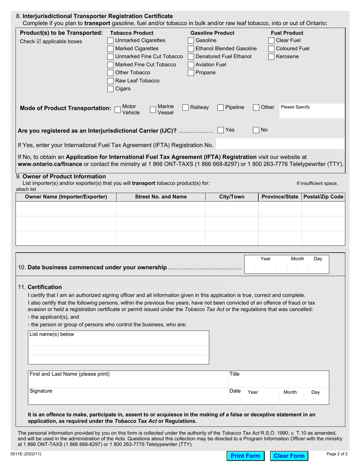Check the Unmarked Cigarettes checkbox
click(111, 41)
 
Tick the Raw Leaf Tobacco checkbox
click(111, 81)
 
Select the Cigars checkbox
click(111, 89)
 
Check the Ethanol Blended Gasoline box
click(191, 48)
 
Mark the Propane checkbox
click(191, 73)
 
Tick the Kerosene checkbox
click(271, 57)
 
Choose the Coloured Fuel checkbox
click(271, 48)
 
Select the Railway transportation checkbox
click(186, 108)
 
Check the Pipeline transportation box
click(221, 108)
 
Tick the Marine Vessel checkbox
click(153, 110)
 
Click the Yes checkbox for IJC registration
click(221, 130)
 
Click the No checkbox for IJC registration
click(256, 130)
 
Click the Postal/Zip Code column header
click(323, 197)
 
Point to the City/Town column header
click(232, 197)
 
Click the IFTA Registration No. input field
click(280, 145)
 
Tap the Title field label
click(235, 374)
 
